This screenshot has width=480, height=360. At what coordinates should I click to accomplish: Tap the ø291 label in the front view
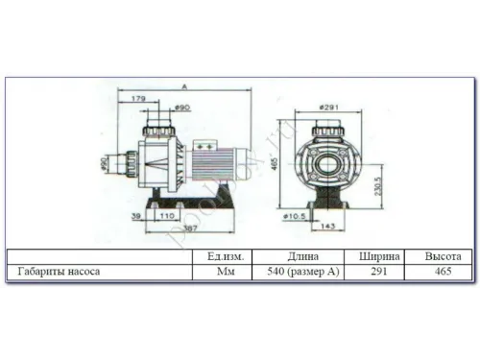330,107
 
